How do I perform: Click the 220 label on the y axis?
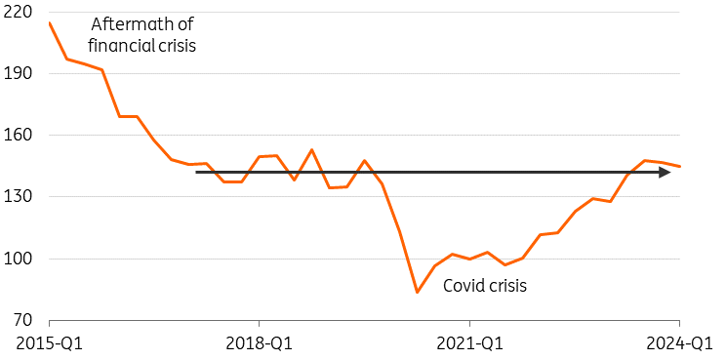click(x=15, y=12)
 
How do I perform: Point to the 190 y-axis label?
click(x=15, y=73)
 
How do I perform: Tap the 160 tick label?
click(x=15, y=135)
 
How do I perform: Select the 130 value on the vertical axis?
click(x=15, y=197)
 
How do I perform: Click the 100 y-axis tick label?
click(x=15, y=259)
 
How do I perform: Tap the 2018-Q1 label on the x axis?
click(x=260, y=343)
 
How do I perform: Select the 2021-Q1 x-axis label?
click(x=469, y=343)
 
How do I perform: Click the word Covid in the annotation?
click(x=460, y=286)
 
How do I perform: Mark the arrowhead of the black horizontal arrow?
click(x=665, y=172)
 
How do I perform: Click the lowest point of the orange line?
click(x=418, y=293)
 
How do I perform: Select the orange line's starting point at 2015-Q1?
click(x=50, y=22)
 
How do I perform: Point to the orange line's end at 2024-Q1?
click(x=679, y=166)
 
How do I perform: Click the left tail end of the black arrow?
click(x=196, y=172)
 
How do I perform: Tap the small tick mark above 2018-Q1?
click(x=260, y=323)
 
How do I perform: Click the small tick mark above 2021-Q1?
click(x=469, y=323)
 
